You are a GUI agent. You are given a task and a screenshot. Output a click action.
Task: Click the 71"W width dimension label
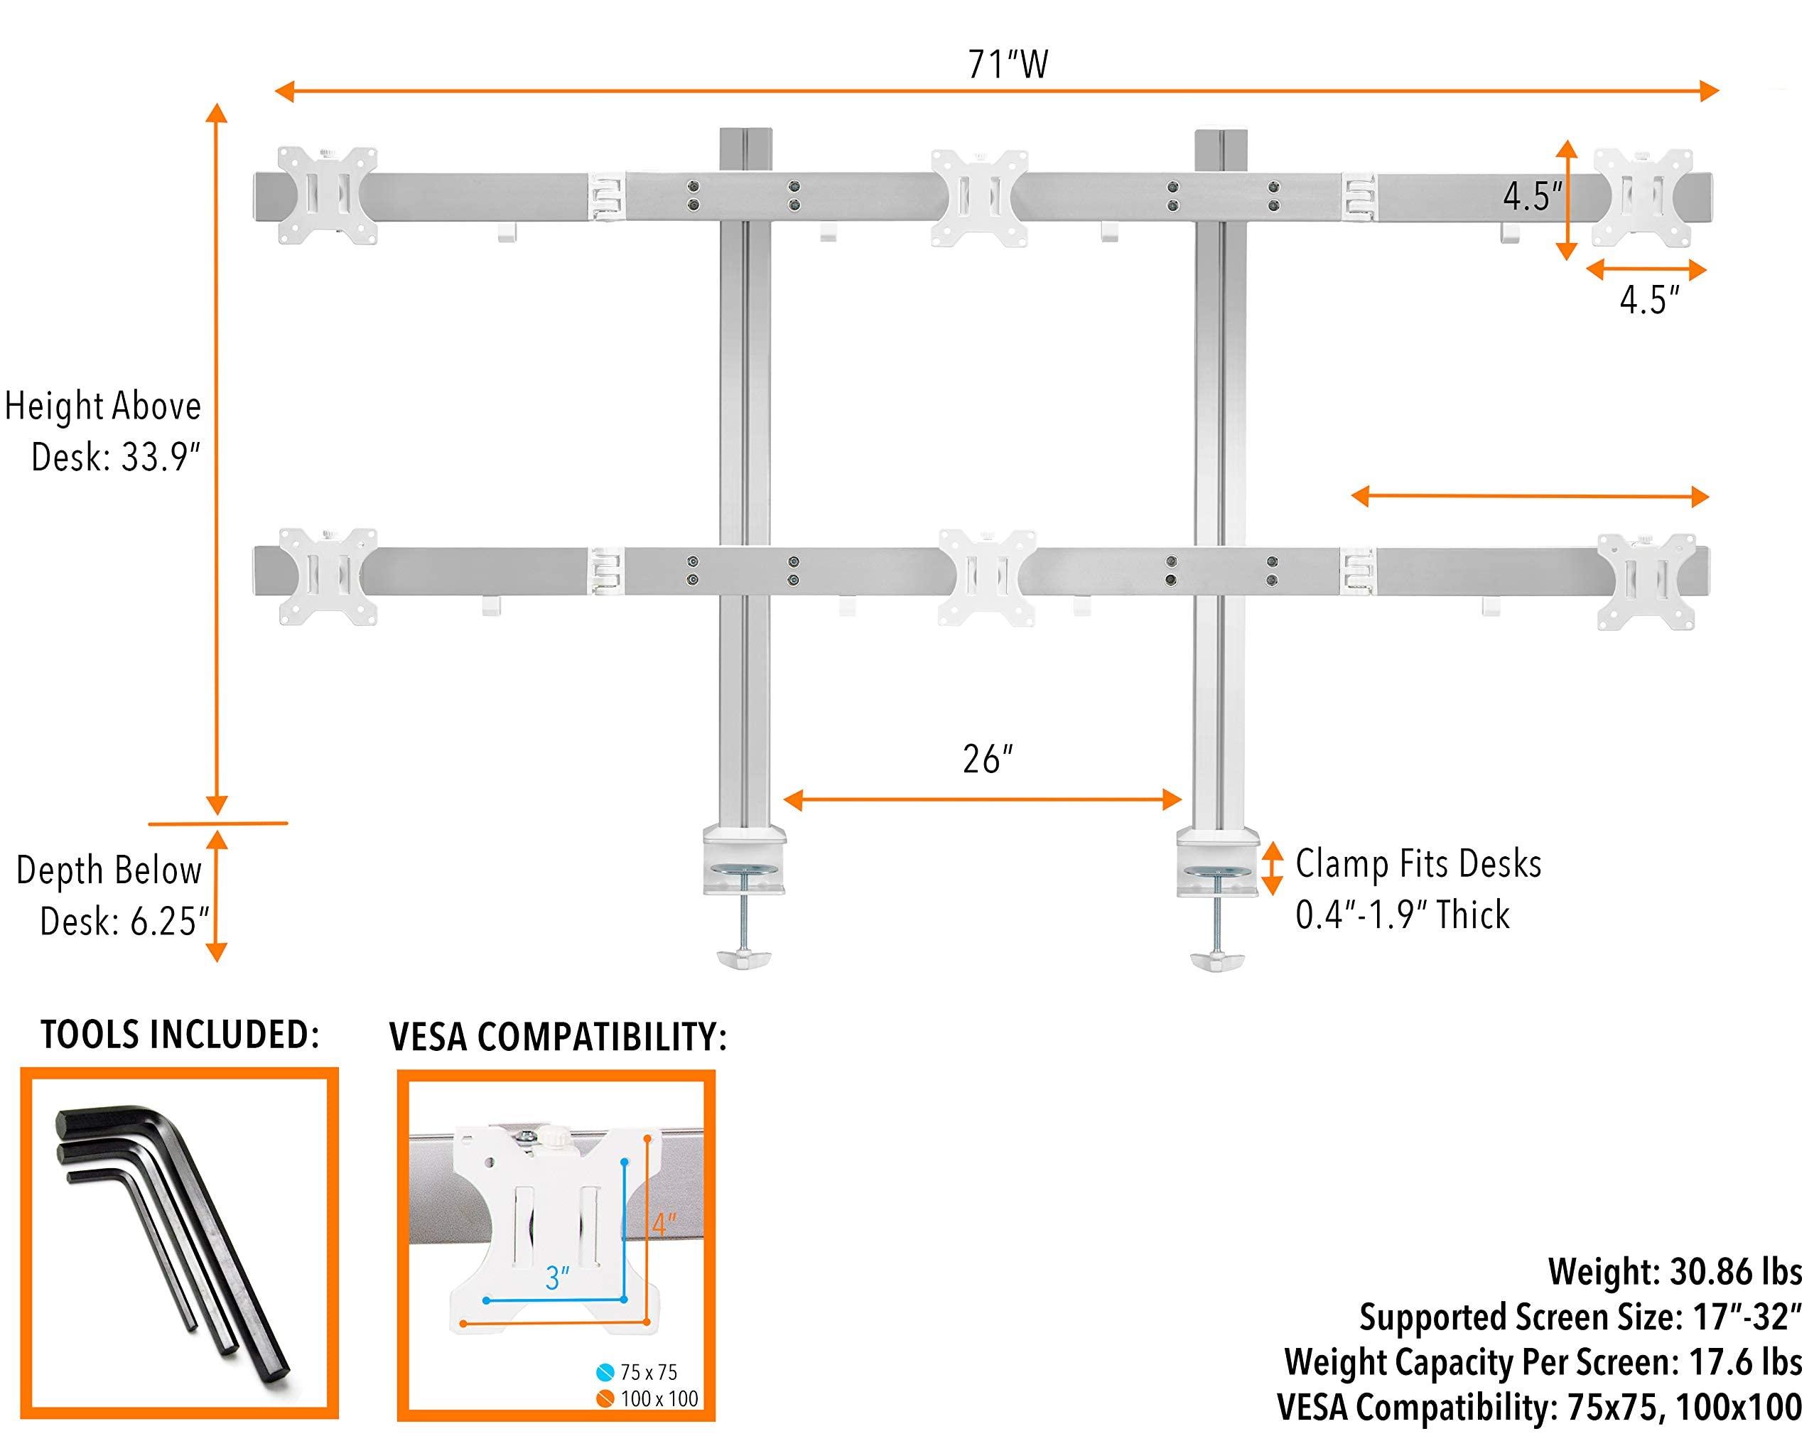(1008, 65)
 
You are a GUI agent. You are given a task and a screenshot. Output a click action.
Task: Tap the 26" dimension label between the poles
(986, 760)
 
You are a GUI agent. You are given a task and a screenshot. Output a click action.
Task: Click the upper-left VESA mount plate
(327, 195)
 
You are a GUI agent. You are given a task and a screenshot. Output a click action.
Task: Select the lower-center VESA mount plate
(986, 578)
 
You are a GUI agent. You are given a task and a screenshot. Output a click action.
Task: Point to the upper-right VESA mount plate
(1643, 198)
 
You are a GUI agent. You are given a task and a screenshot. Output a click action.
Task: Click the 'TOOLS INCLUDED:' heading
(180, 1035)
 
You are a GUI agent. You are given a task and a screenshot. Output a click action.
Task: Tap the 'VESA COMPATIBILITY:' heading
(558, 1037)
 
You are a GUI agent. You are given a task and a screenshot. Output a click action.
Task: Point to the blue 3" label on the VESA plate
(557, 1278)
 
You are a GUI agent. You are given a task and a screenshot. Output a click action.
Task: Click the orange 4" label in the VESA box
(664, 1224)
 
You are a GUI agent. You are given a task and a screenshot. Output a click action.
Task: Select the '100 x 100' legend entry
(658, 1399)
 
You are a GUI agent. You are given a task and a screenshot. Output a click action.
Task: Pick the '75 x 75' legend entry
(648, 1373)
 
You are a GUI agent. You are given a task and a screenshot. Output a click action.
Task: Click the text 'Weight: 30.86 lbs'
(1674, 1271)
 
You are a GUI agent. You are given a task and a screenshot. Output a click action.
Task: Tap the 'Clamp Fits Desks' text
(1418, 864)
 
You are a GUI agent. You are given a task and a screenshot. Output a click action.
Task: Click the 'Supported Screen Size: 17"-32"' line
(1580, 1317)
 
